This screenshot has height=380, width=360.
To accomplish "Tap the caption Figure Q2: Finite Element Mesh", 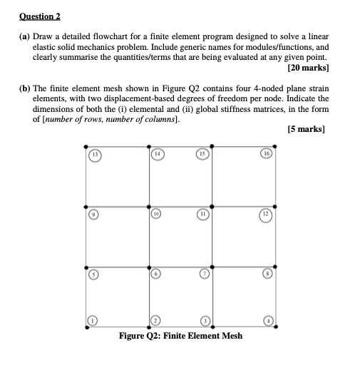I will pos(181,336).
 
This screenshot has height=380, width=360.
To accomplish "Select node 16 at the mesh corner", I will pos(267,154).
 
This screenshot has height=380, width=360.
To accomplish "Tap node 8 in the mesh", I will pos(267,274).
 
